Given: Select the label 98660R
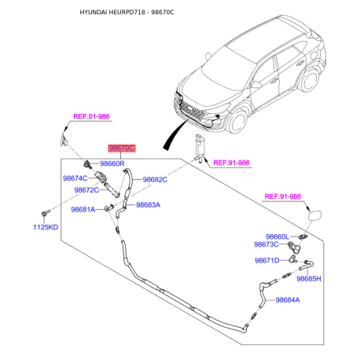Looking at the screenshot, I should (x=111, y=163).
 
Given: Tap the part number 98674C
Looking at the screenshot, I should (x=79, y=178).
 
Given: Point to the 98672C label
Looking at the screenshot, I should (x=86, y=190).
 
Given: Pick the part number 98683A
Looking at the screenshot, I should (x=148, y=204).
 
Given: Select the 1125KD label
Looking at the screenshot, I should (x=46, y=227).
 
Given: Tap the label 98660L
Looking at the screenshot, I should (x=277, y=237).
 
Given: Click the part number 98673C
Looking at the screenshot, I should (x=270, y=245).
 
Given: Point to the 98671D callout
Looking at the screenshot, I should (x=267, y=260).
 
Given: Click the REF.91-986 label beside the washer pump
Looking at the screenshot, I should (x=227, y=163).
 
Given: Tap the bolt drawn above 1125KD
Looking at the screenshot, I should (x=46, y=213).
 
